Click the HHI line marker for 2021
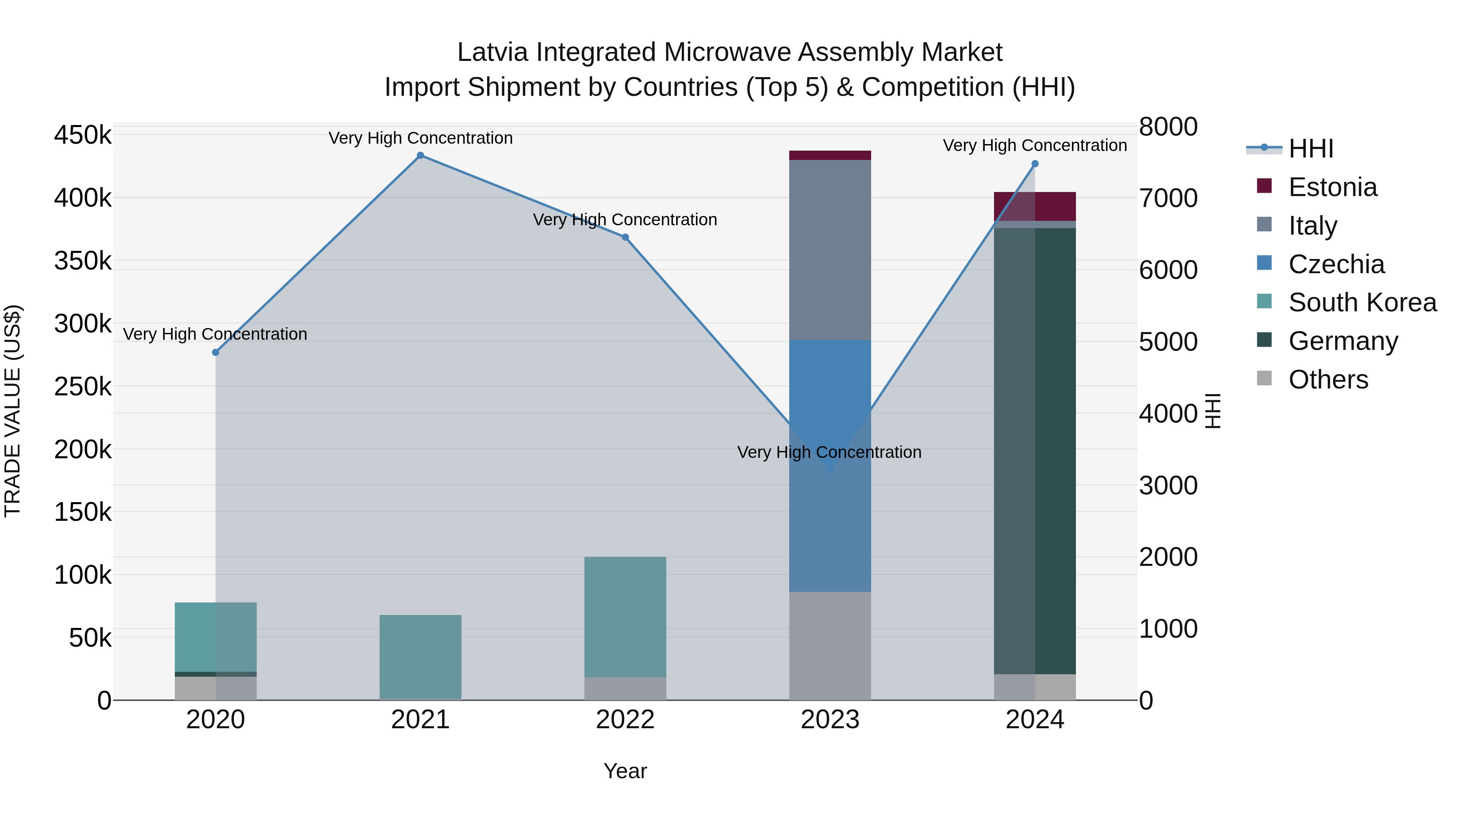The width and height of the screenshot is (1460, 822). [x=420, y=155]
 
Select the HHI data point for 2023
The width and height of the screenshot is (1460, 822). [x=830, y=470]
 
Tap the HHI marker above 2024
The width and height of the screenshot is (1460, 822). [x=1035, y=164]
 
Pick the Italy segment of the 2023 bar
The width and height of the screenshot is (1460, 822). [x=830, y=250]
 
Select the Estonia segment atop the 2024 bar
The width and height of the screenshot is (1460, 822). [x=1035, y=206]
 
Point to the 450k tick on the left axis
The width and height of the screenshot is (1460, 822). [x=83, y=136]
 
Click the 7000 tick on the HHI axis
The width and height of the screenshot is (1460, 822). [x=1168, y=198]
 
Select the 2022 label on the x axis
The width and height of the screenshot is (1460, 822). [x=625, y=720]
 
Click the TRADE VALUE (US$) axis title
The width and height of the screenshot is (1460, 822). [x=13, y=411]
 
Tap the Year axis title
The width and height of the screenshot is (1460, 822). [x=625, y=771]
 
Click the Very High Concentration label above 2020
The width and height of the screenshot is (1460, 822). [x=215, y=334]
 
